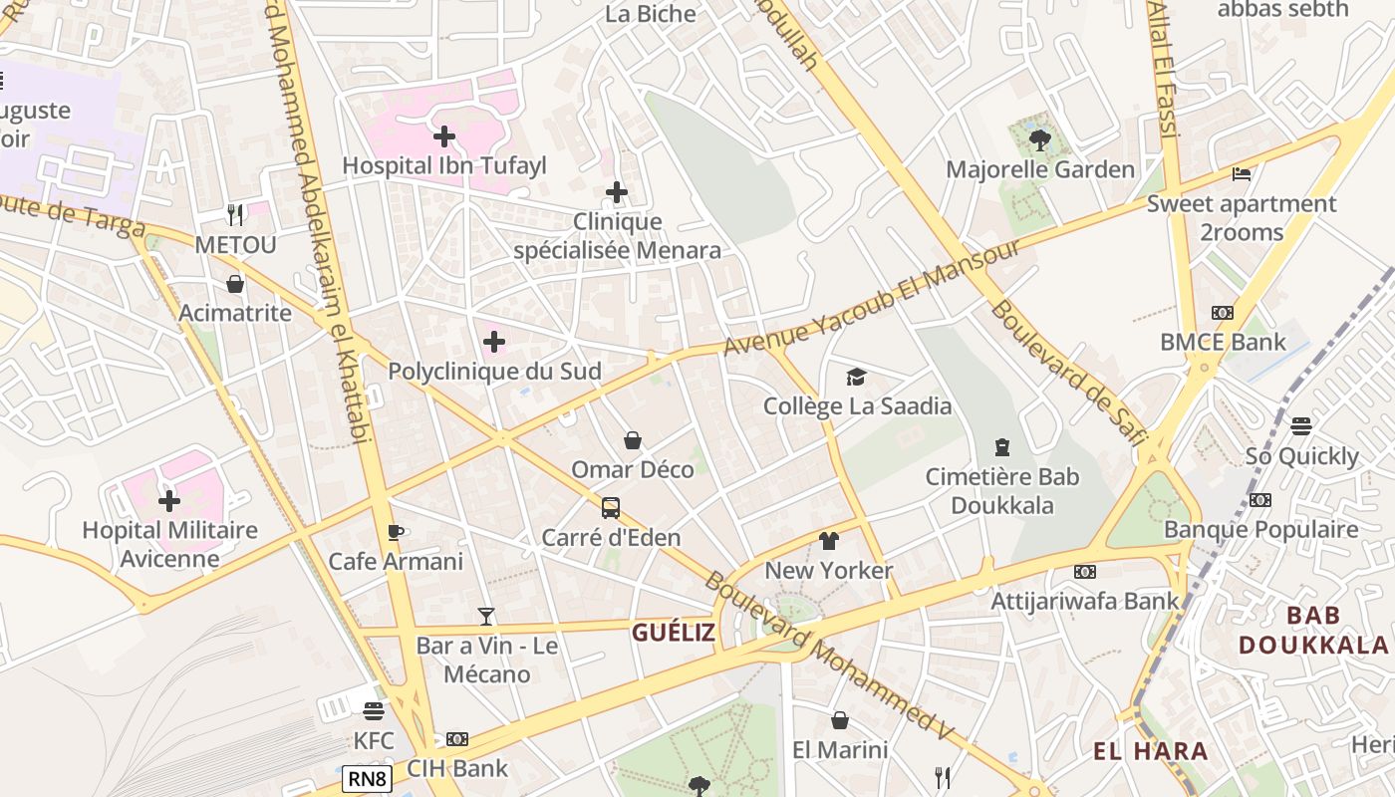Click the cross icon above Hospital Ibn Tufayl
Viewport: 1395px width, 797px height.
tap(444, 135)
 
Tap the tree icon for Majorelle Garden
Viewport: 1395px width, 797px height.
tap(1040, 140)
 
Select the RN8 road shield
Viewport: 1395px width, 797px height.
tap(367, 779)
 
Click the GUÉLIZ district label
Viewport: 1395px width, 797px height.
tap(674, 632)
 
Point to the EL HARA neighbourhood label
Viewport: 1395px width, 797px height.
tap(1151, 751)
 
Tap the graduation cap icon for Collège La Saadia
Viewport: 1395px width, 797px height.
tap(856, 377)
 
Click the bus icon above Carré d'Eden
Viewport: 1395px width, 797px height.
tap(611, 508)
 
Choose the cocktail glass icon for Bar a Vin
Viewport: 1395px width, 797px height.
tap(486, 617)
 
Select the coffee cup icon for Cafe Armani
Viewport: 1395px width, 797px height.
tap(396, 532)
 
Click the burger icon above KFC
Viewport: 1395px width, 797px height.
tap(374, 711)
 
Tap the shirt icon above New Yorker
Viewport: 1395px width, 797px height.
tap(828, 541)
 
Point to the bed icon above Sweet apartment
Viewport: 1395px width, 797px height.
tap(1241, 174)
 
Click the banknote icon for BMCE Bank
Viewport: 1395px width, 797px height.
tap(1223, 313)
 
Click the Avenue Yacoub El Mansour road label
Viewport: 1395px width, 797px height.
tap(872, 297)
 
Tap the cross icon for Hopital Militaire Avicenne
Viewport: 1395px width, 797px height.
tap(169, 500)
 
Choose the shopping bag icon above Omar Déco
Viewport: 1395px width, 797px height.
tap(633, 440)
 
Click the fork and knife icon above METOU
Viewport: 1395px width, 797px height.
tap(235, 215)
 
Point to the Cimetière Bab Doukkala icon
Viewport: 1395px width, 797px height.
tap(1002, 447)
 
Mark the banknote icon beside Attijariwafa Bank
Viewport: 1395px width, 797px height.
tap(1085, 572)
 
